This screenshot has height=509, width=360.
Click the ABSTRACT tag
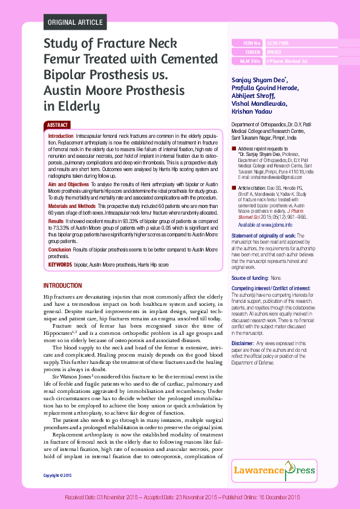coord(57,125)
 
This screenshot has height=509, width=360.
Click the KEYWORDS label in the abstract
coord(60,265)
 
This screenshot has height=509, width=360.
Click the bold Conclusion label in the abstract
coord(60,249)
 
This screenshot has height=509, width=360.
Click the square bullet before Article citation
coord(234,189)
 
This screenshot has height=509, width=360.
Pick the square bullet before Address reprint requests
coord(234,149)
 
